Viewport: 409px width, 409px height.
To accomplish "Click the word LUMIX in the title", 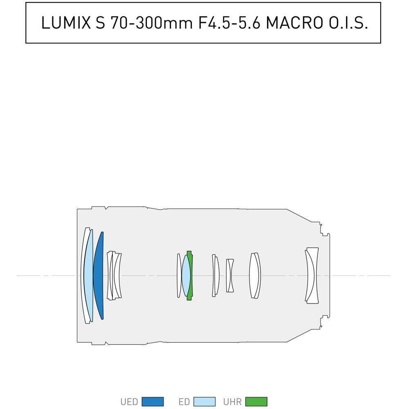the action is coord(66,22).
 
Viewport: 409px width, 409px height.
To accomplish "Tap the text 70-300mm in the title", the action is coord(151,22).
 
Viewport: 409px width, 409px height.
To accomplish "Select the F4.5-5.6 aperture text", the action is coord(229,22).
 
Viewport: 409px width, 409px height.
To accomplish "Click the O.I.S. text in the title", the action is coord(348,22).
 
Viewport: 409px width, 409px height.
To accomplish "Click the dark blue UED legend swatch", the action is coord(153,402).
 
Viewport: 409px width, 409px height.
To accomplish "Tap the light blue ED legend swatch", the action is coord(204,402).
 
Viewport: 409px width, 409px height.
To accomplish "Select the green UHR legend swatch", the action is coord(256,402).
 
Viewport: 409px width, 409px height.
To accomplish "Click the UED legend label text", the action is coord(129,402).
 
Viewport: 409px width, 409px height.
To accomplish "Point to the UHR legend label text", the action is coord(232,402).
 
